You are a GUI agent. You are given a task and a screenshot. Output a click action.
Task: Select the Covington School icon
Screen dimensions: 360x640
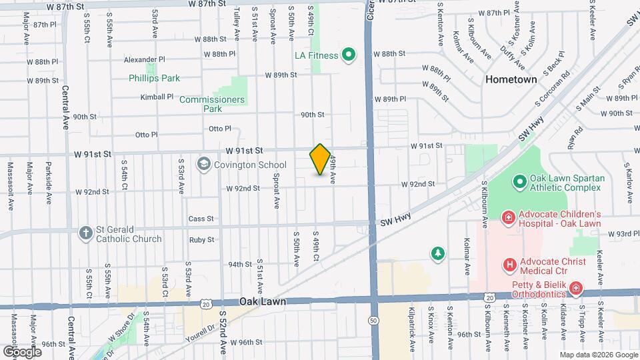(x=203, y=164)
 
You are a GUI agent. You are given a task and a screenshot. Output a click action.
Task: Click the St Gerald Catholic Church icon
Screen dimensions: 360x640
(x=85, y=233)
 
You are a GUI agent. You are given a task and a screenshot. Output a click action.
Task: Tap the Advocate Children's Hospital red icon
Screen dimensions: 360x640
(x=508, y=217)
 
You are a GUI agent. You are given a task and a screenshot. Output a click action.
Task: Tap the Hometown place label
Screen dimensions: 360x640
(x=511, y=79)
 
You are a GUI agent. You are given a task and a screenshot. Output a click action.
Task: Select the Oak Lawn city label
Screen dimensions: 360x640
(x=263, y=301)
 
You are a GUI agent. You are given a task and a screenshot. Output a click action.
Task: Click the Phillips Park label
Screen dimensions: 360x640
(x=154, y=78)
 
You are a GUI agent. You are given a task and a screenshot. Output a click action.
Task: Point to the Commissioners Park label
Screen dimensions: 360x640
(x=212, y=104)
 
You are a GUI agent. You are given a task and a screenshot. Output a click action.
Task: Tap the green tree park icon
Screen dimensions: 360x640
(x=437, y=253)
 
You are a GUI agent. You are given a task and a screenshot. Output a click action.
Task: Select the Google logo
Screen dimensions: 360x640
(x=22, y=351)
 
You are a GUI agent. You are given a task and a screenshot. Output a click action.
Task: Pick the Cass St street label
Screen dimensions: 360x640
(x=201, y=219)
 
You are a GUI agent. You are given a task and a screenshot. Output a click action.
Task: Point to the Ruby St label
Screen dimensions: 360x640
(x=201, y=240)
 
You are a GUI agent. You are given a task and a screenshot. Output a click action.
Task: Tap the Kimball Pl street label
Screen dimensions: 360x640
(x=157, y=97)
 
